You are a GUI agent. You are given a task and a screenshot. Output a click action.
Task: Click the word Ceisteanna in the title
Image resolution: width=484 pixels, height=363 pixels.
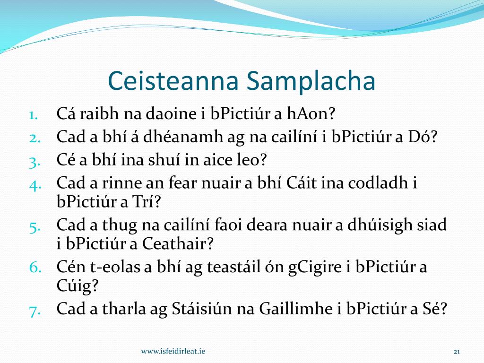(x=173, y=80)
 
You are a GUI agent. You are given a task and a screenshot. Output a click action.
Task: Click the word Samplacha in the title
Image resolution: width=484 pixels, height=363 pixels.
(x=311, y=81)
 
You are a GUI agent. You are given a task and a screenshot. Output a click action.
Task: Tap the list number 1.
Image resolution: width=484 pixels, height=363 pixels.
(x=34, y=115)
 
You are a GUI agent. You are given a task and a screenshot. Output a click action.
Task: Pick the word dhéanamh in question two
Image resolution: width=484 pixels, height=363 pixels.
(x=183, y=137)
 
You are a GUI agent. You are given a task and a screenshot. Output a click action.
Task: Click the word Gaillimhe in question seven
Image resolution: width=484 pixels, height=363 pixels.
(x=298, y=308)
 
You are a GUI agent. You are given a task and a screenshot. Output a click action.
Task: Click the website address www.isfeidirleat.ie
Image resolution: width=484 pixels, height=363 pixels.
(x=173, y=351)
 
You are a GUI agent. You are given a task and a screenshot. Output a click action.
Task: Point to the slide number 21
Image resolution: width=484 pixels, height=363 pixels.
(x=457, y=352)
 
